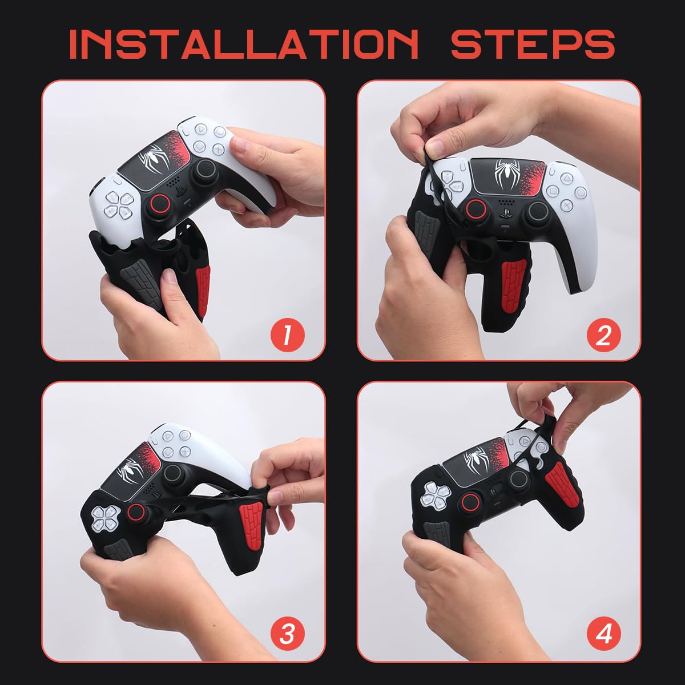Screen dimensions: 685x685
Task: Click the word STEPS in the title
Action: pos(532,43)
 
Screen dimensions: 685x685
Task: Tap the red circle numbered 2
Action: pos(603,335)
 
